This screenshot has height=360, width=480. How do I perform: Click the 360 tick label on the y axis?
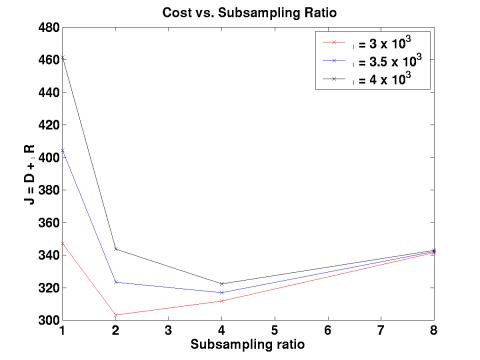(48, 222)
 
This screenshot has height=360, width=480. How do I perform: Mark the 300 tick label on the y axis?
(48, 320)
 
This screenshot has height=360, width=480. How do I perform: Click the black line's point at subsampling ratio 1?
(63, 58)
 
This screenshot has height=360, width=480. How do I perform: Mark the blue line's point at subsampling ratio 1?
(63, 151)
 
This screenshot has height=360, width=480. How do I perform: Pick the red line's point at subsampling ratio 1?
(63, 243)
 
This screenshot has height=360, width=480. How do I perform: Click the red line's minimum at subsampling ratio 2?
(116, 315)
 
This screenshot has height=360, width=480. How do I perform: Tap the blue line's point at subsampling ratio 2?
(116, 282)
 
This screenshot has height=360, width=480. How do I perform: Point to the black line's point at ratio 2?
(116, 249)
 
